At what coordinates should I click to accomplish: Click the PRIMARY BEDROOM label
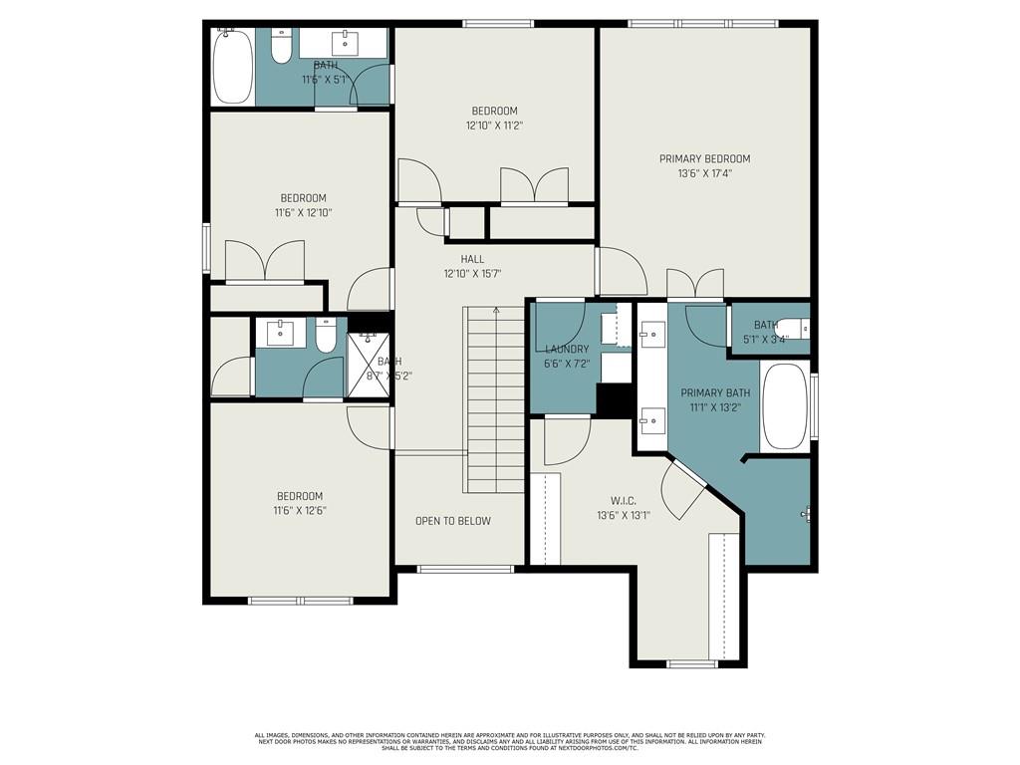704,158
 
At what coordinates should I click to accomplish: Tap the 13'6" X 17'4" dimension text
704,172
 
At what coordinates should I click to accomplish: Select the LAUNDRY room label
567,349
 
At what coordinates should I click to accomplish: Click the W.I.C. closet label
623,501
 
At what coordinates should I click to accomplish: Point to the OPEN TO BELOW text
452,521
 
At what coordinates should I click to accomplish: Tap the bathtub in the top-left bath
233,65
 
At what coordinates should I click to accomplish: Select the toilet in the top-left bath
280,47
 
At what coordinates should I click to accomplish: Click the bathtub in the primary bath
785,406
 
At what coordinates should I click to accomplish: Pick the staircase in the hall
494,398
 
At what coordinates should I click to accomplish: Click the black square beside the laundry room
612,399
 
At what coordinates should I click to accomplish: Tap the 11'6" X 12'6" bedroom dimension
300,510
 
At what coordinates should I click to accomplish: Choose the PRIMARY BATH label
711,393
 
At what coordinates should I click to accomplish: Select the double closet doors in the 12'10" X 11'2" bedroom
535,186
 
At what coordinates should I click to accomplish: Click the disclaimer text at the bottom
509,741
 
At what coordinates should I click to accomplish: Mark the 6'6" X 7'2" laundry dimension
567,364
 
